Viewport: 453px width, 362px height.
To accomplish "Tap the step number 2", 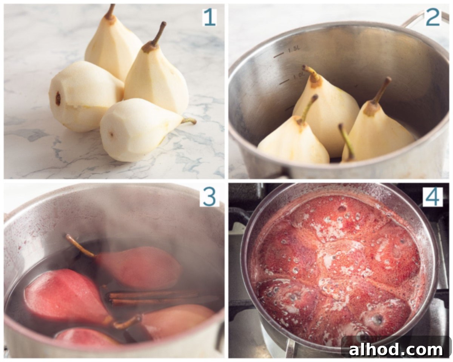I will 433,17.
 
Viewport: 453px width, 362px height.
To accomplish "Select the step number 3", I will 209,197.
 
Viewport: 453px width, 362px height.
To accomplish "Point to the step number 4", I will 433,197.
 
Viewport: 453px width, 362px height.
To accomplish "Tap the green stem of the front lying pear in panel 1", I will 188,121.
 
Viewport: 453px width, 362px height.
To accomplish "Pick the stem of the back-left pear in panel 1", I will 110,11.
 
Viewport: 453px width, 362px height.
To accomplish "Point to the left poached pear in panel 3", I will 64,296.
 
